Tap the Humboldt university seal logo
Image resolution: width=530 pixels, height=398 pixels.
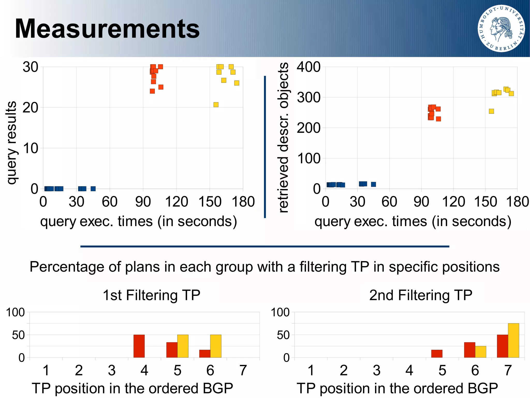(x=501, y=29)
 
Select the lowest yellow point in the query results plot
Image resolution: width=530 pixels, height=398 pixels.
(x=216, y=104)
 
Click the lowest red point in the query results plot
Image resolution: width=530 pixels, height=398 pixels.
(x=152, y=91)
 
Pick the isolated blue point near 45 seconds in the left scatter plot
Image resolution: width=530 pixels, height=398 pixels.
(x=93, y=188)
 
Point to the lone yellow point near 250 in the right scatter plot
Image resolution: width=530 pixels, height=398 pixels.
(x=491, y=111)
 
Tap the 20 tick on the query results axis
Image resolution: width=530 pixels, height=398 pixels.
(x=30, y=107)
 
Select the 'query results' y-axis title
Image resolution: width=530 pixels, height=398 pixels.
(x=11, y=143)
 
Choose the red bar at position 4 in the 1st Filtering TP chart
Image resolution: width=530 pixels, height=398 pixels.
(x=139, y=346)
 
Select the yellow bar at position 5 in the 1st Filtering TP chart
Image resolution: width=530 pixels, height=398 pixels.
(x=183, y=346)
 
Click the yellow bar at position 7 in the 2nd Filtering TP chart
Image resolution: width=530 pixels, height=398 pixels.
(x=513, y=340)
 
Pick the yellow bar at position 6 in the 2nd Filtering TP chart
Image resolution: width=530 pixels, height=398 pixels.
(x=481, y=352)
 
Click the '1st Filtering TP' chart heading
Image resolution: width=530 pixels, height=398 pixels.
(x=151, y=295)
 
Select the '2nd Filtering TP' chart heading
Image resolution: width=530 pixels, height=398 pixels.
(x=421, y=295)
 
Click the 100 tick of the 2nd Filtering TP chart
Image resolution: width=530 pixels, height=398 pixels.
(x=280, y=312)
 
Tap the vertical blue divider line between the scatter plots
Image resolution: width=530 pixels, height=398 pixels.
(x=265, y=146)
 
